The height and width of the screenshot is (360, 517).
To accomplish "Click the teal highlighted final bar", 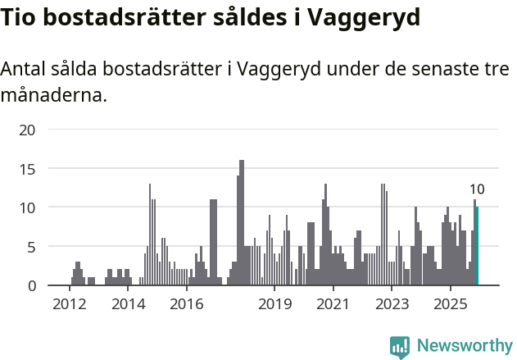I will tap(477, 246).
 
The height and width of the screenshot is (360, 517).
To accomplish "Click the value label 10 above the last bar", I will tap(477, 189).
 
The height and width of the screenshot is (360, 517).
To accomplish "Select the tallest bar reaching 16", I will tap(242, 223).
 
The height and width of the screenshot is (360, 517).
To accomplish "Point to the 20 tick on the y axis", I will tap(28, 130).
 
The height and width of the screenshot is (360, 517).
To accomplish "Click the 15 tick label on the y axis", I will tap(28, 169).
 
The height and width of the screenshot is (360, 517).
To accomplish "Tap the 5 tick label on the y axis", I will tap(31, 247).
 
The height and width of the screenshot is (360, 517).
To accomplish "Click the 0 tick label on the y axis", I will tap(31, 285).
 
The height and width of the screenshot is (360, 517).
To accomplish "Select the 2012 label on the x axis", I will tap(70, 305).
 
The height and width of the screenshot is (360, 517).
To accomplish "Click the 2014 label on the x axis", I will tap(128, 305).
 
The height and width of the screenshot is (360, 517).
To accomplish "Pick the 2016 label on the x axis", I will tap(187, 305).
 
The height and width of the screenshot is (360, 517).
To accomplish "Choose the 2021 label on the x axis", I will tap(333, 305).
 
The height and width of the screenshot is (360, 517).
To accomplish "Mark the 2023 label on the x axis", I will tap(392, 305).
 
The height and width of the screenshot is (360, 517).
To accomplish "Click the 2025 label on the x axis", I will tap(450, 305).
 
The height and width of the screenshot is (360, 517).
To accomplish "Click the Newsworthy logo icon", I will tap(400, 346).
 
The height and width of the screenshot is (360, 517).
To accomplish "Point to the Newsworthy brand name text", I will tap(464, 346).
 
